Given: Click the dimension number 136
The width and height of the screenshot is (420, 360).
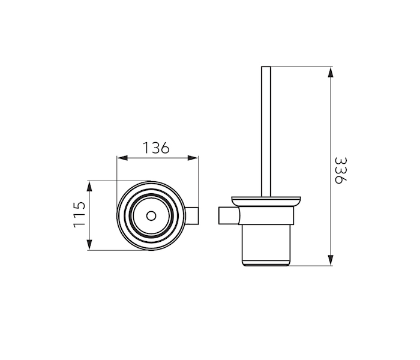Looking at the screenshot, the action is [x=156, y=148].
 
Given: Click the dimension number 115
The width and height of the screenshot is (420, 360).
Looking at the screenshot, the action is [x=80, y=215].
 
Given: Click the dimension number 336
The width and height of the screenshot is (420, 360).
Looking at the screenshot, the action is [x=341, y=170].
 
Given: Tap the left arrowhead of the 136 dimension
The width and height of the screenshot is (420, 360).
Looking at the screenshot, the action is [x=122, y=158].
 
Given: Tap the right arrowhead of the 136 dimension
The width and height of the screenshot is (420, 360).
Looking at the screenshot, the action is [x=193, y=158].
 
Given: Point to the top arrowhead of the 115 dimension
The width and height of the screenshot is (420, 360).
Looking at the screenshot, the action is [x=89, y=186].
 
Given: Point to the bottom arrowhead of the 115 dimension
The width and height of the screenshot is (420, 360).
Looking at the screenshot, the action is [x=89, y=245].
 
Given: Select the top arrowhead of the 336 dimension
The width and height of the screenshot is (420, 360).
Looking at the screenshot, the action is [x=331, y=73].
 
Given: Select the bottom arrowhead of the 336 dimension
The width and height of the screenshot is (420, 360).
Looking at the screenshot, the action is [x=331, y=260].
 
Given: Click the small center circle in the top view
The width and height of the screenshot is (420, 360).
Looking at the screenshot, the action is [x=151, y=216].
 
